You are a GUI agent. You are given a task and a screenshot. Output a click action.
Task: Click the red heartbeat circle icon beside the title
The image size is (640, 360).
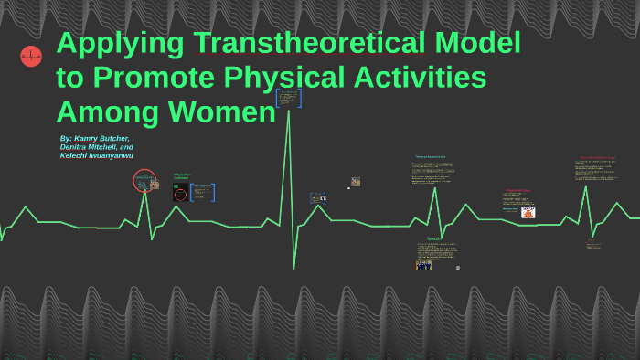click(31, 57)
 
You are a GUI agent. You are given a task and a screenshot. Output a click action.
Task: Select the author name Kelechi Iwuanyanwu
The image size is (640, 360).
click(97, 156)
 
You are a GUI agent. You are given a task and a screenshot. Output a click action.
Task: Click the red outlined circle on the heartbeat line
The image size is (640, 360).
click(144, 181)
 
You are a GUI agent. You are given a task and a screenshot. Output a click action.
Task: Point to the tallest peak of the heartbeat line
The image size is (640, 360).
click(289, 111)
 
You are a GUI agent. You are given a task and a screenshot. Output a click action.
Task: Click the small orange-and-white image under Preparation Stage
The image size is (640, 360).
click(528, 213)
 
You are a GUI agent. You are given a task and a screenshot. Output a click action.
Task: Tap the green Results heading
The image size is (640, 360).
click(432, 238)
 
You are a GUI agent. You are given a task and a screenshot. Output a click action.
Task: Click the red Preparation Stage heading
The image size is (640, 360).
click(518, 191)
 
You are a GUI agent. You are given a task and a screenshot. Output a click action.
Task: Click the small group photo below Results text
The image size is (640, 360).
click(424, 265)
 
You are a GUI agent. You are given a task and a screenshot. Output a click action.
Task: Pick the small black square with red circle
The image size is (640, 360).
click(180, 193)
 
